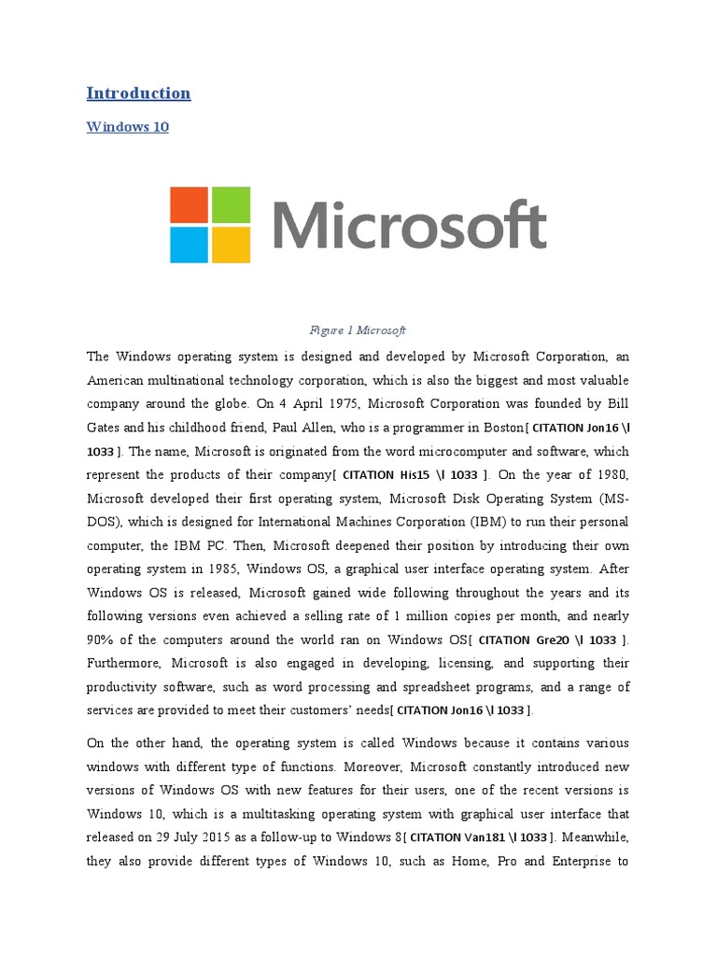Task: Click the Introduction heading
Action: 138,92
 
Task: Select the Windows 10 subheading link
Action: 128,126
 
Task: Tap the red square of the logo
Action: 190,204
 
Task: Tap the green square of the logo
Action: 231,204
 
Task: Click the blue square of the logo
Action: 190,245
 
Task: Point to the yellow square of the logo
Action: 231,245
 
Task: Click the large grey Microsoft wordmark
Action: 410,225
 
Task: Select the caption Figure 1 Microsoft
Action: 358,330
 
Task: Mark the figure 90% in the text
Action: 103,640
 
